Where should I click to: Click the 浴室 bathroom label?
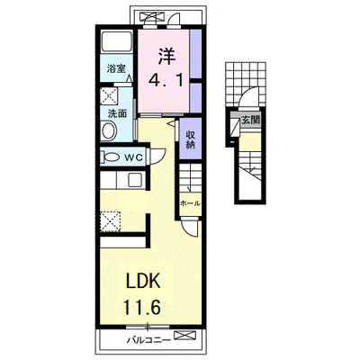(x=116, y=69)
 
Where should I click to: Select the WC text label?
(x=133, y=157)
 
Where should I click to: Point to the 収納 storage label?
(x=190, y=139)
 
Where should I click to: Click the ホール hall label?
(x=190, y=203)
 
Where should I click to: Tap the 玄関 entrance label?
(x=250, y=121)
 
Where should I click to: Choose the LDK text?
(x=142, y=281)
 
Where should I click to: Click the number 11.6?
(x=142, y=306)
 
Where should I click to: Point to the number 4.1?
(x=166, y=80)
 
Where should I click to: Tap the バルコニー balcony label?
(x=148, y=340)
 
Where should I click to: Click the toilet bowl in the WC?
(x=111, y=157)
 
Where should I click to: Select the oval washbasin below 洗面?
(x=109, y=130)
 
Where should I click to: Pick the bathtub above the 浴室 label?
(x=117, y=41)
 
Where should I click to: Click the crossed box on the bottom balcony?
(x=184, y=336)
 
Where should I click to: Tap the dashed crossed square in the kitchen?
(x=110, y=221)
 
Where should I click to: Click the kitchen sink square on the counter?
(x=135, y=180)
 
